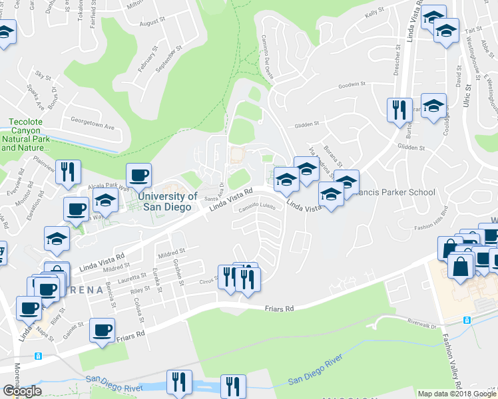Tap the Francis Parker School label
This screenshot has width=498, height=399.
(x=397, y=192)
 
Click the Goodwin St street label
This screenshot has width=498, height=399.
(x=352, y=85)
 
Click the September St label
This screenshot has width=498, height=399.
(x=170, y=61)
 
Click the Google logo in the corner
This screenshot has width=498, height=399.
(x=22, y=391)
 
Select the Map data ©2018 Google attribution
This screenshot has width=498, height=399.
(x=457, y=394)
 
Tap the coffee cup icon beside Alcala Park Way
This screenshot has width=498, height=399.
(x=138, y=176)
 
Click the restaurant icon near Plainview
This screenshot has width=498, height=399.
(x=68, y=173)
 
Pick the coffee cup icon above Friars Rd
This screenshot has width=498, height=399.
(x=103, y=331)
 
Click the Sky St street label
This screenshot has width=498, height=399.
(x=43, y=75)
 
